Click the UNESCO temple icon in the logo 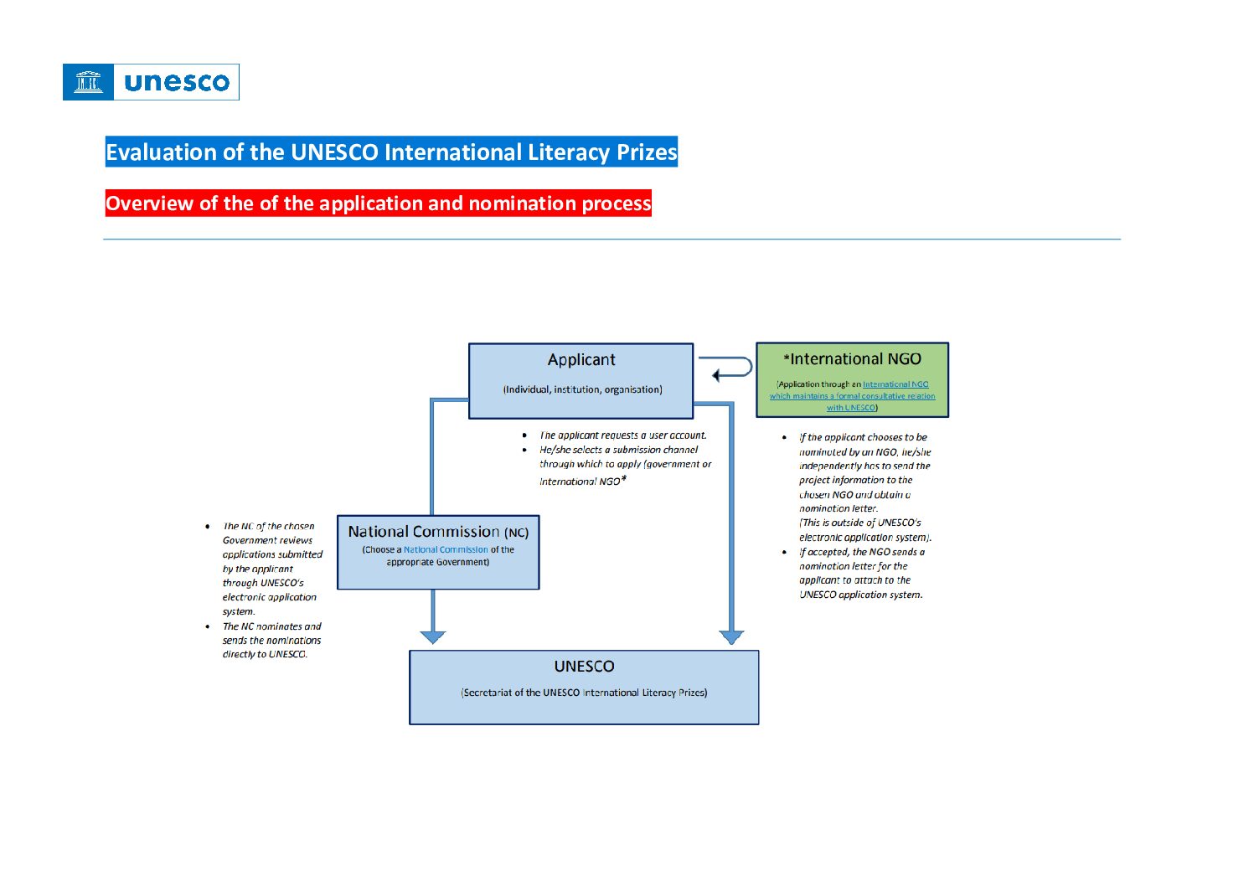[88, 82]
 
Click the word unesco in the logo [176, 82]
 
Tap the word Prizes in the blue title [647, 152]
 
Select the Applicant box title [581, 360]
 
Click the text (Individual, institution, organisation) [582, 389]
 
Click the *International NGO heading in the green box [853, 359]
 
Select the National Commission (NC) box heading [438, 532]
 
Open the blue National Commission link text [446, 550]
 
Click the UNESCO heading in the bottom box [584, 667]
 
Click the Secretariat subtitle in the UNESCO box [584, 693]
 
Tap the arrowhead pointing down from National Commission [432, 636]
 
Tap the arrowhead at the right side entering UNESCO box [731, 636]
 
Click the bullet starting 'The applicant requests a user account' [622, 435]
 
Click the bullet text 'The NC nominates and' [271, 626]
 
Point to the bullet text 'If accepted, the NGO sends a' [861, 552]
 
